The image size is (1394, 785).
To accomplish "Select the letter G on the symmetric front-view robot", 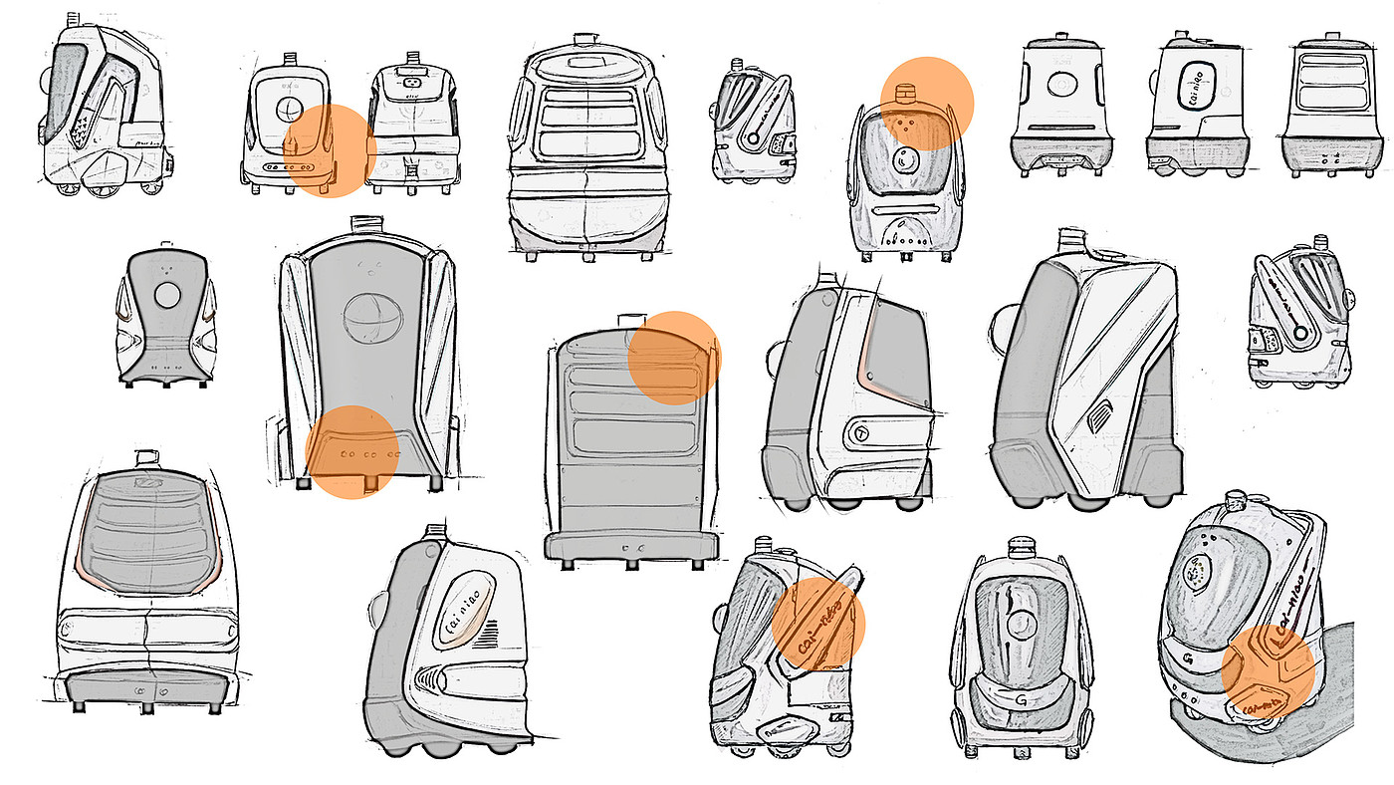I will pyautogui.click(x=1022, y=701).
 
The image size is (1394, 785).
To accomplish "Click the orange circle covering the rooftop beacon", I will pyautogui.click(x=926, y=104).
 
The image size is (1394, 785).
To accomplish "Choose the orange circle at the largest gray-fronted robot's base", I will pyautogui.click(x=352, y=451).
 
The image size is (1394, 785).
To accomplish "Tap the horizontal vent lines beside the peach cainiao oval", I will pyautogui.click(x=486, y=635).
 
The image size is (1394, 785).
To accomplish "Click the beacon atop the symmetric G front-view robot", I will pyautogui.click(x=1023, y=547).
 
